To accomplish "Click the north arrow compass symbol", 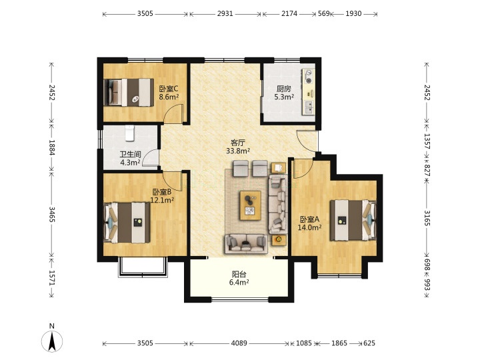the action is tap(52, 341).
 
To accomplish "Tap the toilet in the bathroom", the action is tap(130, 133).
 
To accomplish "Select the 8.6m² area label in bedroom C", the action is tap(169, 97).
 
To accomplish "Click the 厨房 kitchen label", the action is tap(284, 89).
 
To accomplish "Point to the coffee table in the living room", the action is tap(251, 205).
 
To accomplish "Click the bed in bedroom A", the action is tap(353, 220).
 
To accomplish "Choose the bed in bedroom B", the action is tap(127, 222).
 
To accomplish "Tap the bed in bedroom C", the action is tap(129, 93).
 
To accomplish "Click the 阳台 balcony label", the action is tap(239, 274).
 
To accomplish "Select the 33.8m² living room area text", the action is tap(238, 151).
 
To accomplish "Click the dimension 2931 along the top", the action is tap(225, 13).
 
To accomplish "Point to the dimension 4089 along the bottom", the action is tap(239, 343).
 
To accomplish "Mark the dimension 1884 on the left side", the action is tap(52, 147).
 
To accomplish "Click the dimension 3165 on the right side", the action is tap(427, 217).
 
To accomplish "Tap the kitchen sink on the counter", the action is tap(309, 107).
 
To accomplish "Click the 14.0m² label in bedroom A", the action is tap(309, 227).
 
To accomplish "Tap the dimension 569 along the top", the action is tap(323, 13).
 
